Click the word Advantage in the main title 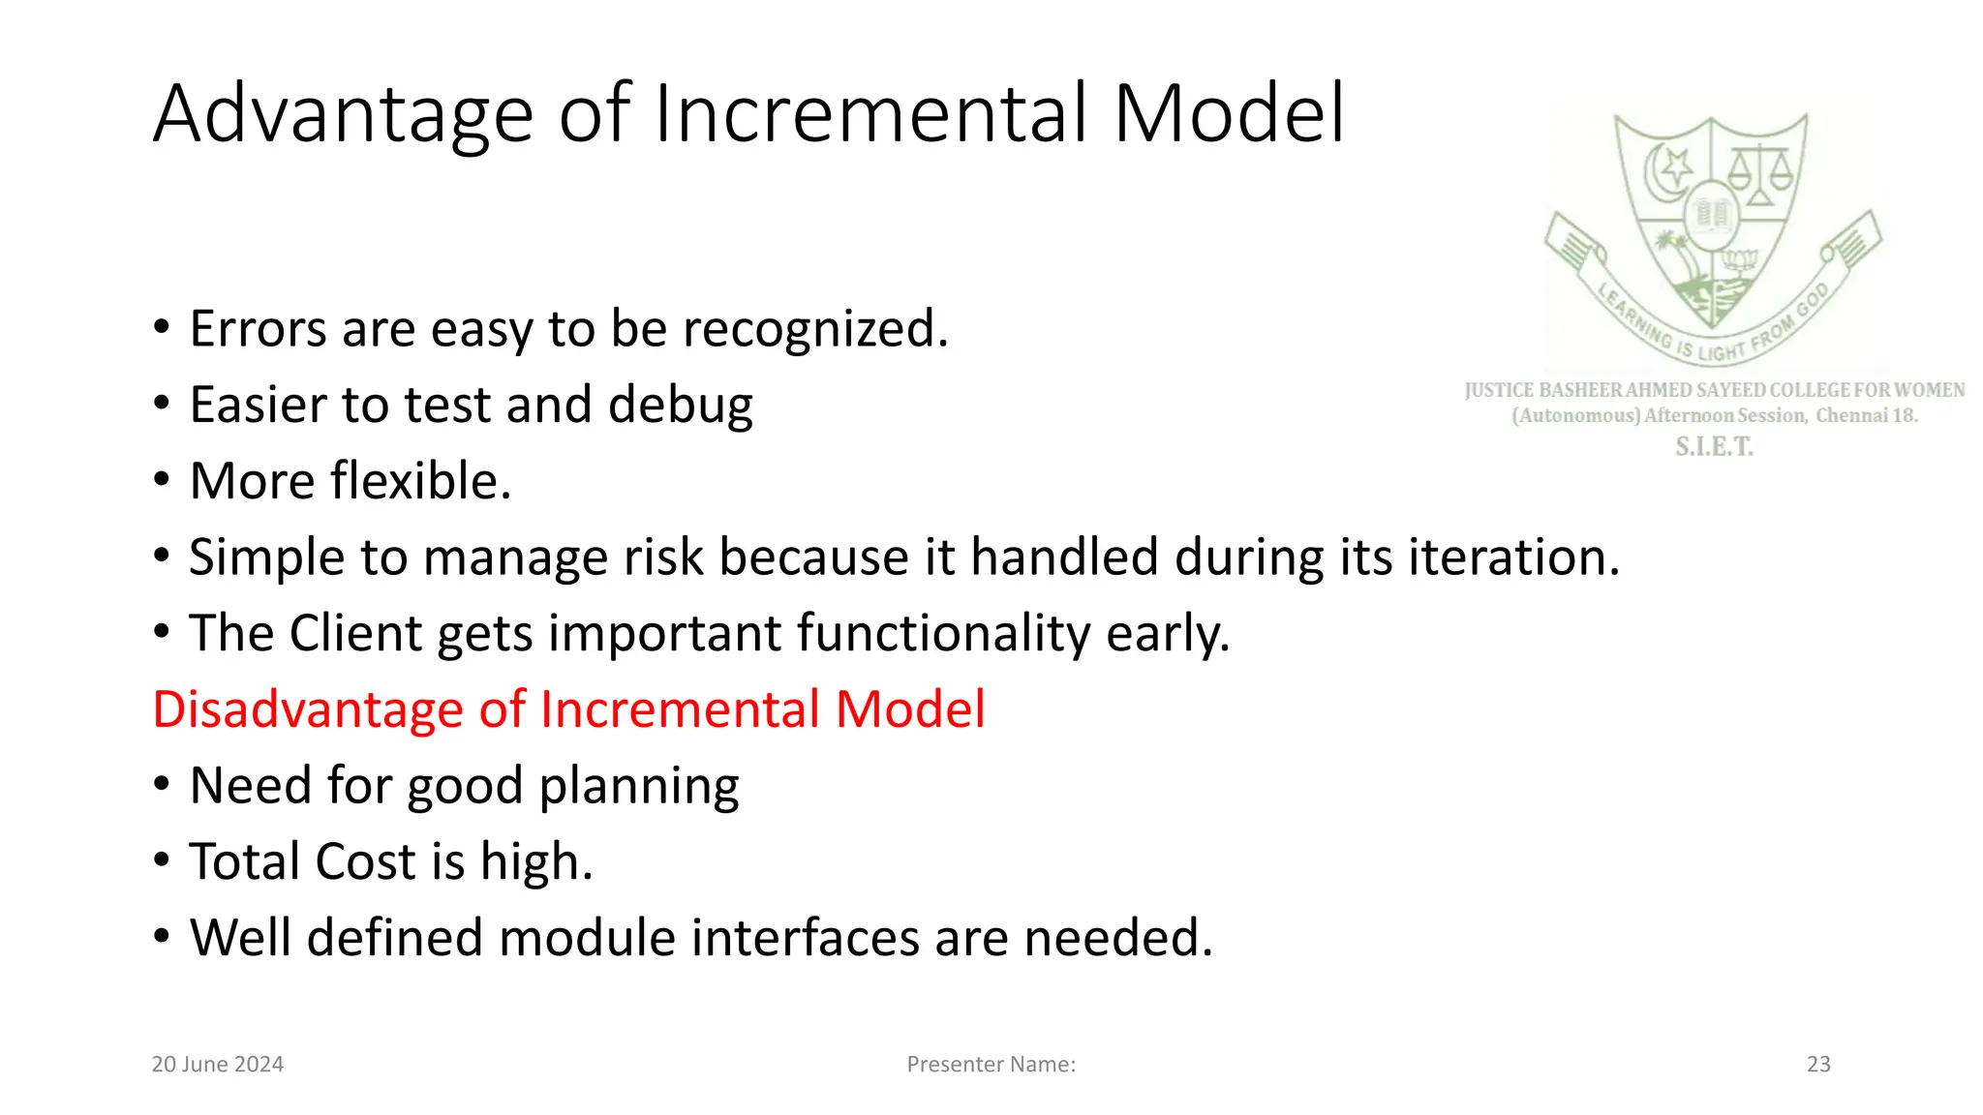343,115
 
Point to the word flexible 420,481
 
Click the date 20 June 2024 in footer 218,1065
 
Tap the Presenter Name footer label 991,1065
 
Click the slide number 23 1818,1065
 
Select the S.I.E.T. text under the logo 1714,447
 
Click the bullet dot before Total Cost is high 162,859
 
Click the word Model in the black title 1229,115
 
